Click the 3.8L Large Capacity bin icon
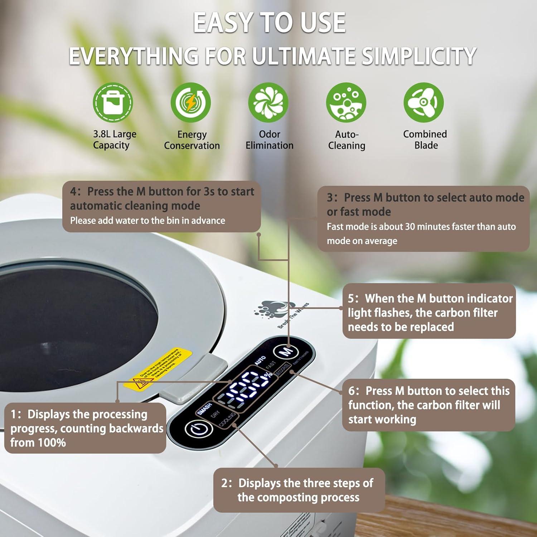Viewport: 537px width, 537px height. tap(113, 103)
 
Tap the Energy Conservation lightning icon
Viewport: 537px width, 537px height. tap(190, 103)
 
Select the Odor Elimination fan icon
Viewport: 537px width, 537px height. tap(268, 103)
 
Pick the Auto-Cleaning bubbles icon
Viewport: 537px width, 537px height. tap(346, 103)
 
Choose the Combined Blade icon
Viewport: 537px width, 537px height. tap(424, 103)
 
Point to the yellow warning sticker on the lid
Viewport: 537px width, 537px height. tap(158, 369)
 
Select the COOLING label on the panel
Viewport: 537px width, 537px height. tap(227, 420)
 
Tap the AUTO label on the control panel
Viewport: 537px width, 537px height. tap(260, 360)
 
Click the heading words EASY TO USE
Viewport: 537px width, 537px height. tap(269, 23)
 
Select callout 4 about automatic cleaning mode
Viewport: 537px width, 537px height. tap(161, 206)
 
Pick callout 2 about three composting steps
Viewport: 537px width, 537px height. tap(299, 490)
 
